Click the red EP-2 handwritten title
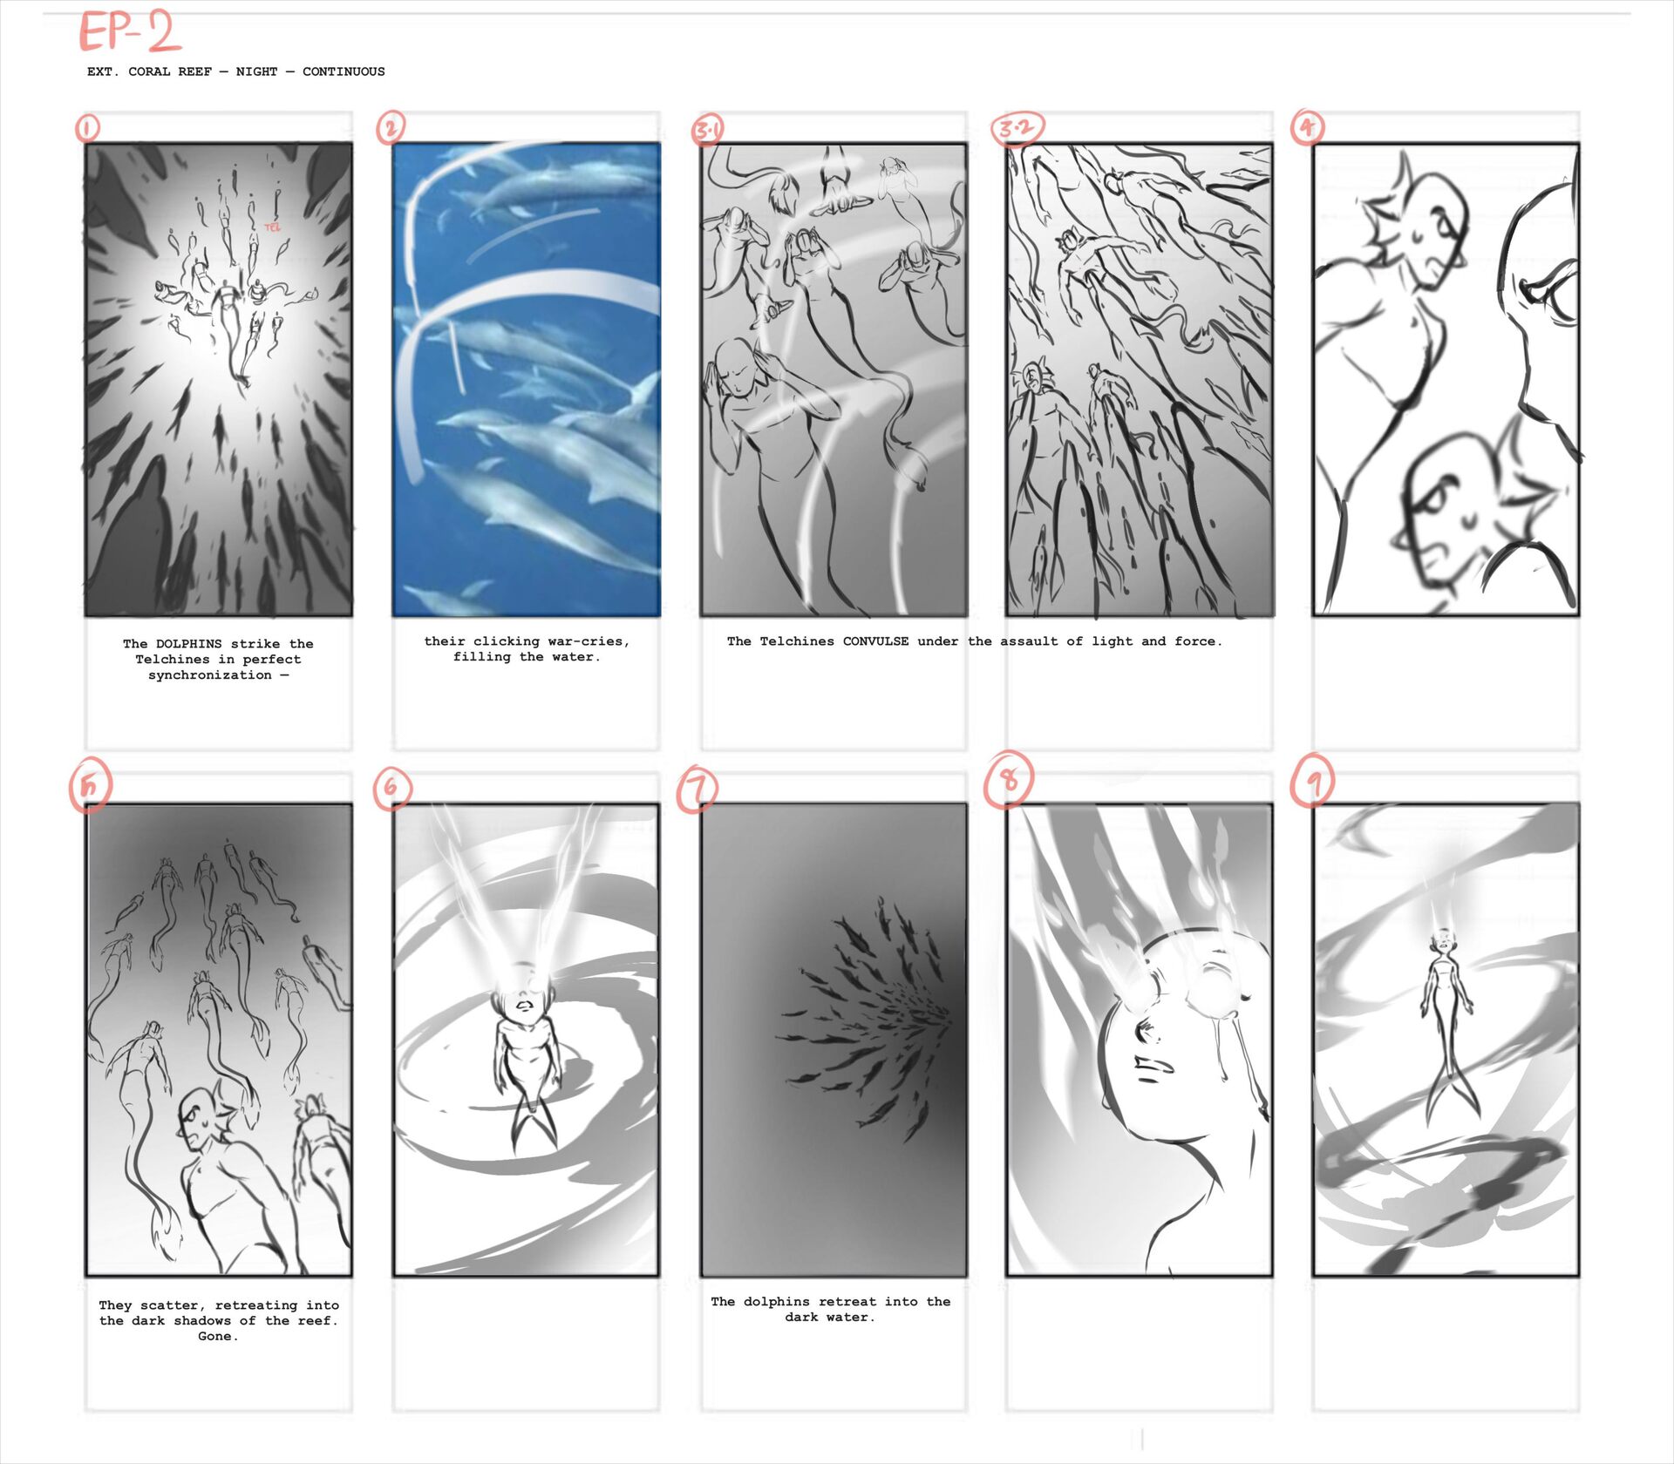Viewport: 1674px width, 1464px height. (130, 33)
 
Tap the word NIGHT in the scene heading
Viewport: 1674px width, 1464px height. (256, 71)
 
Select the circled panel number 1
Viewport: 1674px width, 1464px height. (87, 128)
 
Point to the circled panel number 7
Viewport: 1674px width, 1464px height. (697, 790)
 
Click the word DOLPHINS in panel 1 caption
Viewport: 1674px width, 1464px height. (189, 644)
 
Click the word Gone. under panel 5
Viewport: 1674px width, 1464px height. (218, 1336)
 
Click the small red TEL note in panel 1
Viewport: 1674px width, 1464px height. (273, 227)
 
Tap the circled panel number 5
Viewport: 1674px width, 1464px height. (91, 786)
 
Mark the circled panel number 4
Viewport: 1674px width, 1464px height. (1307, 127)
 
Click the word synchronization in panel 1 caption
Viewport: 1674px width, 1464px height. (210, 675)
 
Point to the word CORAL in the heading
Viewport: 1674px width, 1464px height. (149, 71)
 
